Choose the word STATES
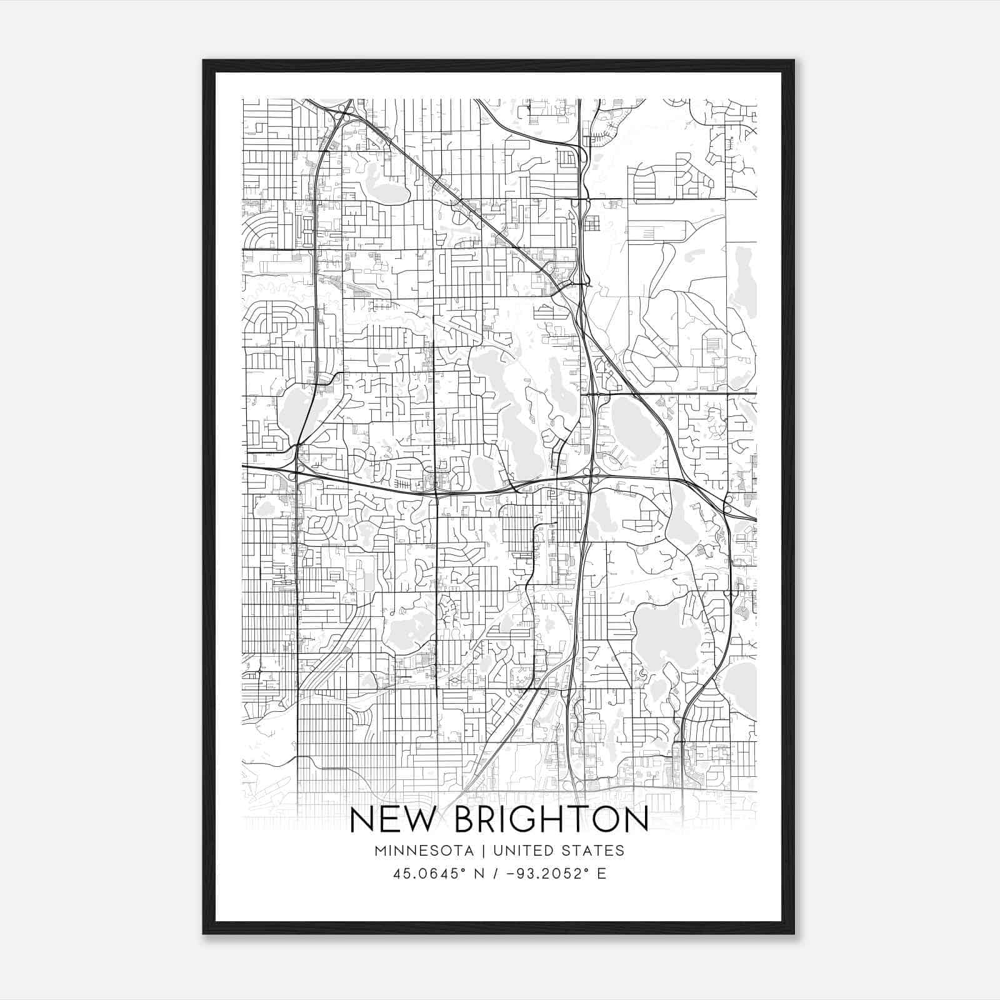(594, 851)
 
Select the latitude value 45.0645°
(429, 874)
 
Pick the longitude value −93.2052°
(540, 874)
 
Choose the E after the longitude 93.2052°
(602, 874)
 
